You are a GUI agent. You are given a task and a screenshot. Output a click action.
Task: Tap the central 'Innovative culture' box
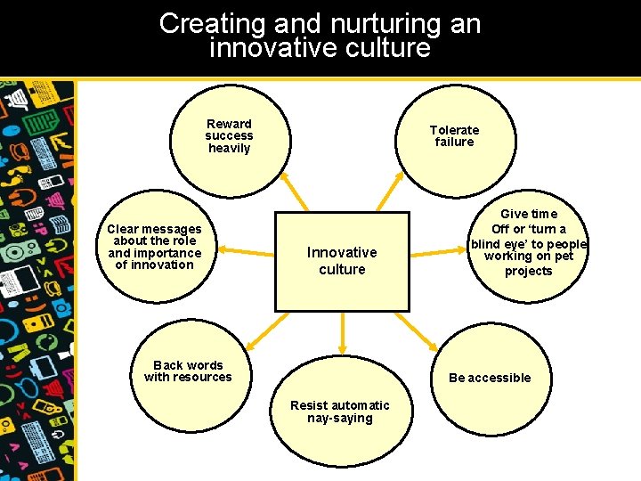pos(342,261)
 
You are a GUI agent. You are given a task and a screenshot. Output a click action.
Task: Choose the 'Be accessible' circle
pos(489,378)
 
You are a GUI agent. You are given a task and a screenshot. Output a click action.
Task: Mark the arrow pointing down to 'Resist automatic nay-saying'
pos(342,335)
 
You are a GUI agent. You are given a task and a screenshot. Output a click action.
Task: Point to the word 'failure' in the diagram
pos(454,142)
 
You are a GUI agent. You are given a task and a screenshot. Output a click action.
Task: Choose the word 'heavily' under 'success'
pos(229,148)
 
